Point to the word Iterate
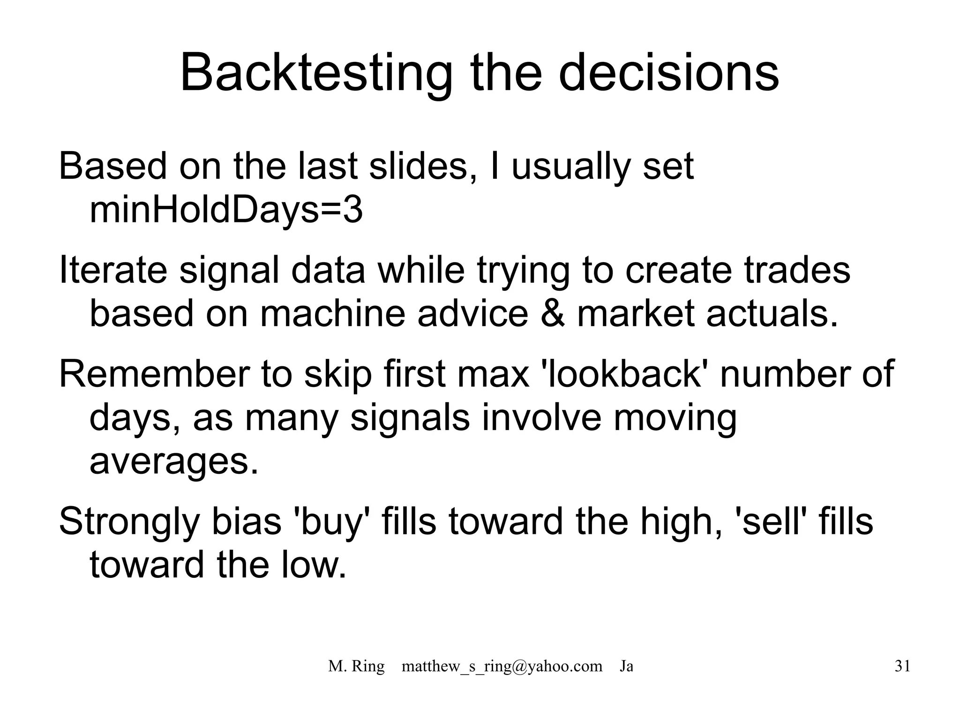113,271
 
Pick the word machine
332,313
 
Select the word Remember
154,374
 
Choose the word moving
675,417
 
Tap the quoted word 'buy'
331,522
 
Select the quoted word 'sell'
770,522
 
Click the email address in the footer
502,666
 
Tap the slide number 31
902,666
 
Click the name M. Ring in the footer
356,666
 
